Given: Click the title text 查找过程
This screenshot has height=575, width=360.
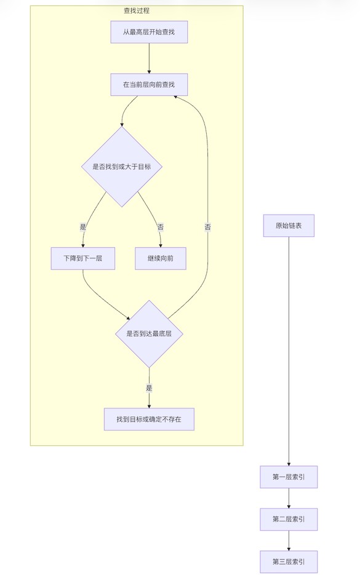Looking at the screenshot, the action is (x=137, y=10).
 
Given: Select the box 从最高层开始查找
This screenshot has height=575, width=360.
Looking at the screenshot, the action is (x=149, y=32).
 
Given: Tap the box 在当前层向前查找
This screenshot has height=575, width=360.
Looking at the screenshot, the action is (x=149, y=85).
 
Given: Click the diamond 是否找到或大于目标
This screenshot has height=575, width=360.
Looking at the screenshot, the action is (x=122, y=167).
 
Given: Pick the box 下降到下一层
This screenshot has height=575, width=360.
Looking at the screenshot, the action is (x=83, y=258).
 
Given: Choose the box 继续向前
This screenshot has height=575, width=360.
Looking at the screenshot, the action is (x=161, y=258).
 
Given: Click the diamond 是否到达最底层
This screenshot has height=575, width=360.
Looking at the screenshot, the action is (x=149, y=334).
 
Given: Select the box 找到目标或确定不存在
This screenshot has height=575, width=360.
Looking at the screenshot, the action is (x=149, y=419).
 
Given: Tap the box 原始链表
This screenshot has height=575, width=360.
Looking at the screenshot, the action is (x=289, y=226).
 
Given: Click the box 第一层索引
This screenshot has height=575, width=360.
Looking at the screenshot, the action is (x=289, y=477).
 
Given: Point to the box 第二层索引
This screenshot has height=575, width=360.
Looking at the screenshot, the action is (x=289, y=519).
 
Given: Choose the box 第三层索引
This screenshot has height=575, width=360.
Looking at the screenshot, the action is (x=289, y=561).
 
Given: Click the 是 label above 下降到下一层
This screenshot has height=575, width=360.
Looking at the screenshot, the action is (x=83, y=227).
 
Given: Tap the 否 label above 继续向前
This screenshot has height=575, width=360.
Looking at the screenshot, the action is (x=161, y=227).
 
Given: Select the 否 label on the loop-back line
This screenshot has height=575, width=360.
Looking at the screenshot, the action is (x=208, y=227).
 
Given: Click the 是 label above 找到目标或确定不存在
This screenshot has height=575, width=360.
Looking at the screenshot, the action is (x=149, y=388).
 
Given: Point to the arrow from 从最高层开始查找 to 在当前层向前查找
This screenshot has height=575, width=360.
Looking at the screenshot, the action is (x=149, y=58).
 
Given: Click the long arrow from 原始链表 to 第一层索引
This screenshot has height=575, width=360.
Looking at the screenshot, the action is (x=289, y=351).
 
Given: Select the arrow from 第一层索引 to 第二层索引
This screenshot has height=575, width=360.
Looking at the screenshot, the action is (x=289, y=498).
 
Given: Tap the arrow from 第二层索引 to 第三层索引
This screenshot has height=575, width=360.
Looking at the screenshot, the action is (x=289, y=540).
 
